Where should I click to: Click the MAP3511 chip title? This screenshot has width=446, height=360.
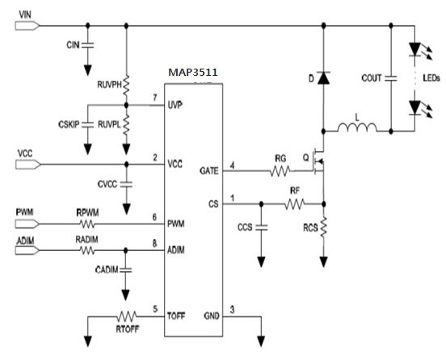click(193, 73)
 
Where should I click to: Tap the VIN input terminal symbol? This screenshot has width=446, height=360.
click(27, 26)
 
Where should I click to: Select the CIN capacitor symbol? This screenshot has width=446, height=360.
click(87, 45)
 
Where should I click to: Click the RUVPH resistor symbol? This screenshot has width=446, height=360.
click(126, 85)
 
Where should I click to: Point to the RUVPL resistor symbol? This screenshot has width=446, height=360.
click(126, 124)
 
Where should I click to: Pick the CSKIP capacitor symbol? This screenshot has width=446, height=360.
click(87, 124)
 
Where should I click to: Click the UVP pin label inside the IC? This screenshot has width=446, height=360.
click(175, 105)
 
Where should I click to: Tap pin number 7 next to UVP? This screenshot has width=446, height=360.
click(155, 98)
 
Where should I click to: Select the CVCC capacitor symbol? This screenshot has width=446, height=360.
click(126, 184)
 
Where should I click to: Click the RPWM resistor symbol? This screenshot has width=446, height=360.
click(87, 224)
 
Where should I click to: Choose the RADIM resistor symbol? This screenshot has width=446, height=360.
click(87, 250)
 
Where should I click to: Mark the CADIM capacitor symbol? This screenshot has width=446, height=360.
click(125, 270)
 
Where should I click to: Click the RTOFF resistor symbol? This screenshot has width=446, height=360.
click(127, 316)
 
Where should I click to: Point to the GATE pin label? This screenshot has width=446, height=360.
click(209, 171)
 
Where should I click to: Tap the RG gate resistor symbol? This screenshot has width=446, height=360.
click(280, 171)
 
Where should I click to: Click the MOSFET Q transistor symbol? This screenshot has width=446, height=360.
click(318, 161)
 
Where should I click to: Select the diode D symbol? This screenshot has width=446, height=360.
click(323, 78)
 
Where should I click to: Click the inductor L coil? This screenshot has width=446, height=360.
click(357, 128)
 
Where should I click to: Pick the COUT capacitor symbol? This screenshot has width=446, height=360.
click(391, 78)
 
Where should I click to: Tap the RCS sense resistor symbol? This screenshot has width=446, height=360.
click(323, 227)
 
